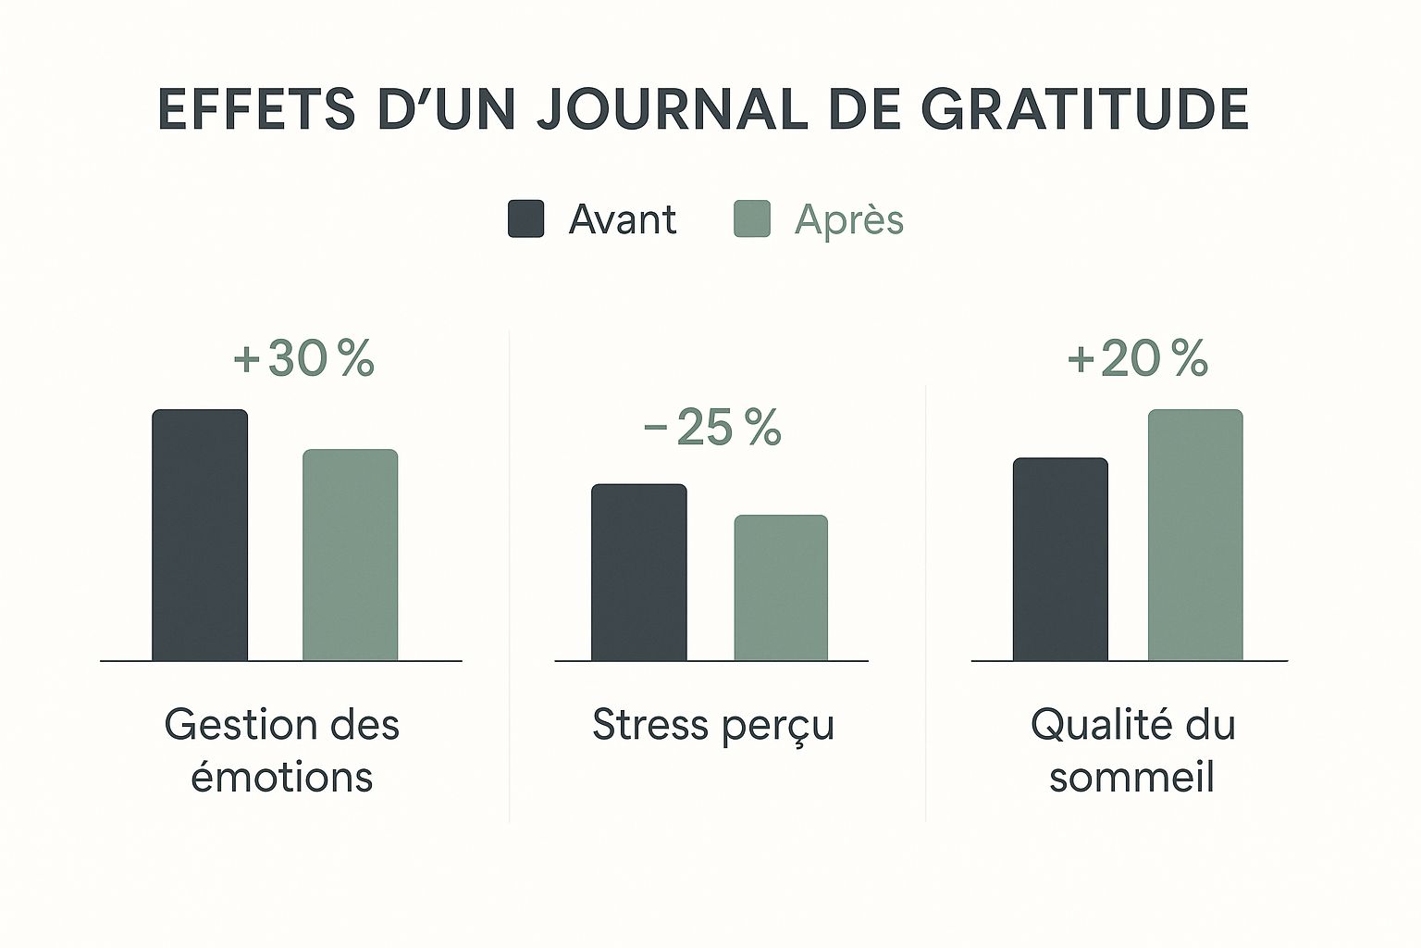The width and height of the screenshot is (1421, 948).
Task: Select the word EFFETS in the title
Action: [256, 109]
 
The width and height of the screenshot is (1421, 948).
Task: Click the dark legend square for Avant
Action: [525, 219]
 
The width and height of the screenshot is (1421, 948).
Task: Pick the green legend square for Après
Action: [752, 219]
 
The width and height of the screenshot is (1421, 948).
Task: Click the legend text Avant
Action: [622, 220]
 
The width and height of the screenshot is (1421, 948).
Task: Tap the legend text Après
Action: [848, 220]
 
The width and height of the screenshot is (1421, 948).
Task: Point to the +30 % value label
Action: [304, 359]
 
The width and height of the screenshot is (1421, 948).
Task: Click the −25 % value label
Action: [712, 428]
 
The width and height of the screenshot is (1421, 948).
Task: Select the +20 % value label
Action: [1137, 359]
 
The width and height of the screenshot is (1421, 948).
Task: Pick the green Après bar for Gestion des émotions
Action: [351, 555]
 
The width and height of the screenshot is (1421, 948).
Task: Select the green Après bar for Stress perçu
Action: [781, 588]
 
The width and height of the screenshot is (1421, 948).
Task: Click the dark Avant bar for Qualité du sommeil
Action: [1060, 559]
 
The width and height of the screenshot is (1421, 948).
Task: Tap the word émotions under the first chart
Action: [281, 777]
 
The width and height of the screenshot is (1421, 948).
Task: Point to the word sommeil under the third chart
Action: [1131, 777]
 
